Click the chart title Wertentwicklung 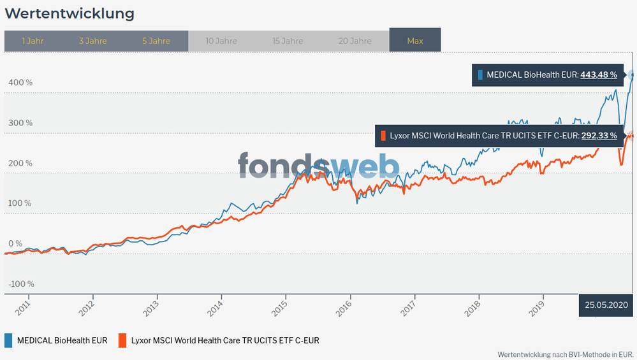[x=70, y=13]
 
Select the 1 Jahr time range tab [x=33, y=41]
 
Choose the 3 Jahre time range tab [x=92, y=41]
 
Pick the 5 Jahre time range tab [x=156, y=41]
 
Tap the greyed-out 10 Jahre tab [x=221, y=41]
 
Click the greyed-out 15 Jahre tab [x=288, y=41]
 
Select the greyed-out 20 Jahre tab [x=355, y=41]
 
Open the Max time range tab [x=415, y=41]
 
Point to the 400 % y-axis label [x=20, y=82]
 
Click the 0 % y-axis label [x=15, y=243]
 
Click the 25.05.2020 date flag [x=606, y=305]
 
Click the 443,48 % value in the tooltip [x=599, y=75]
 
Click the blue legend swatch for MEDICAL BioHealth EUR [x=8, y=340]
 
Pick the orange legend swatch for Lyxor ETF [x=122, y=340]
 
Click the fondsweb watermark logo [x=318, y=166]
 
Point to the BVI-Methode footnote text [x=565, y=354]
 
